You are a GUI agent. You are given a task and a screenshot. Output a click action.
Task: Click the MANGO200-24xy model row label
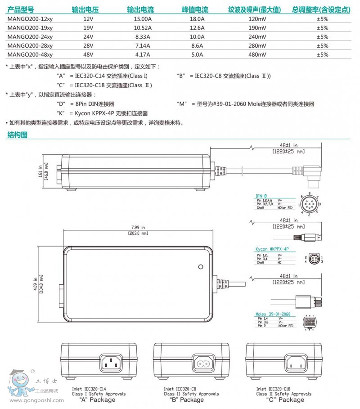point(30,36)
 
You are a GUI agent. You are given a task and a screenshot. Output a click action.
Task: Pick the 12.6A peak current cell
point(197,28)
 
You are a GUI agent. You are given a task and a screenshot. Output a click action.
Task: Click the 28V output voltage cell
point(88,46)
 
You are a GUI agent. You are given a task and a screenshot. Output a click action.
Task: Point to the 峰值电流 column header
point(195,9)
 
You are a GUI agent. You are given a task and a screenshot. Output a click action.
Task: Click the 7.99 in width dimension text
point(138,228)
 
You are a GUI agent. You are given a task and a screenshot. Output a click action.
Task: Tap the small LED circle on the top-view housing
point(201,266)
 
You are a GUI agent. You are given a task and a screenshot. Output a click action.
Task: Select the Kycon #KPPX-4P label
point(272,249)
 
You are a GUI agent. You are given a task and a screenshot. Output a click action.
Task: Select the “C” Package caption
point(285,400)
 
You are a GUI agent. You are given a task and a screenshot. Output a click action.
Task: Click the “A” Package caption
point(97,400)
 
